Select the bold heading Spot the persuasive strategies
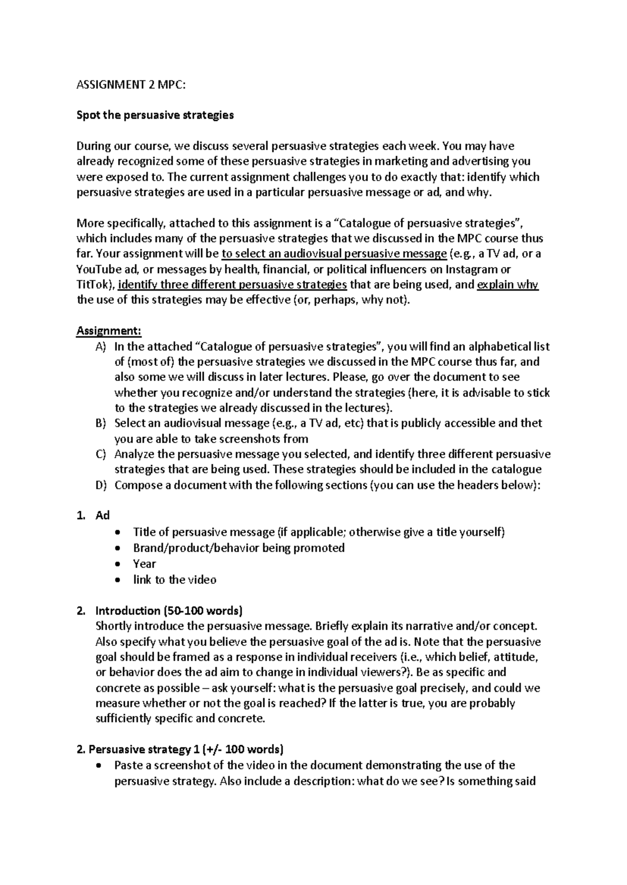[x=155, y=115]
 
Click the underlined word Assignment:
[x=109, y=331]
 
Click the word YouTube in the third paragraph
[x=97, y=269]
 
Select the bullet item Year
[x=144, y=564]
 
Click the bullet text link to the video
[x=175, y=580]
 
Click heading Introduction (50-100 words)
[x=168, y=611]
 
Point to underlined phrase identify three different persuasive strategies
[x=233, y=285]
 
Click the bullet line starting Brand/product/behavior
[x=239, y=548]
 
